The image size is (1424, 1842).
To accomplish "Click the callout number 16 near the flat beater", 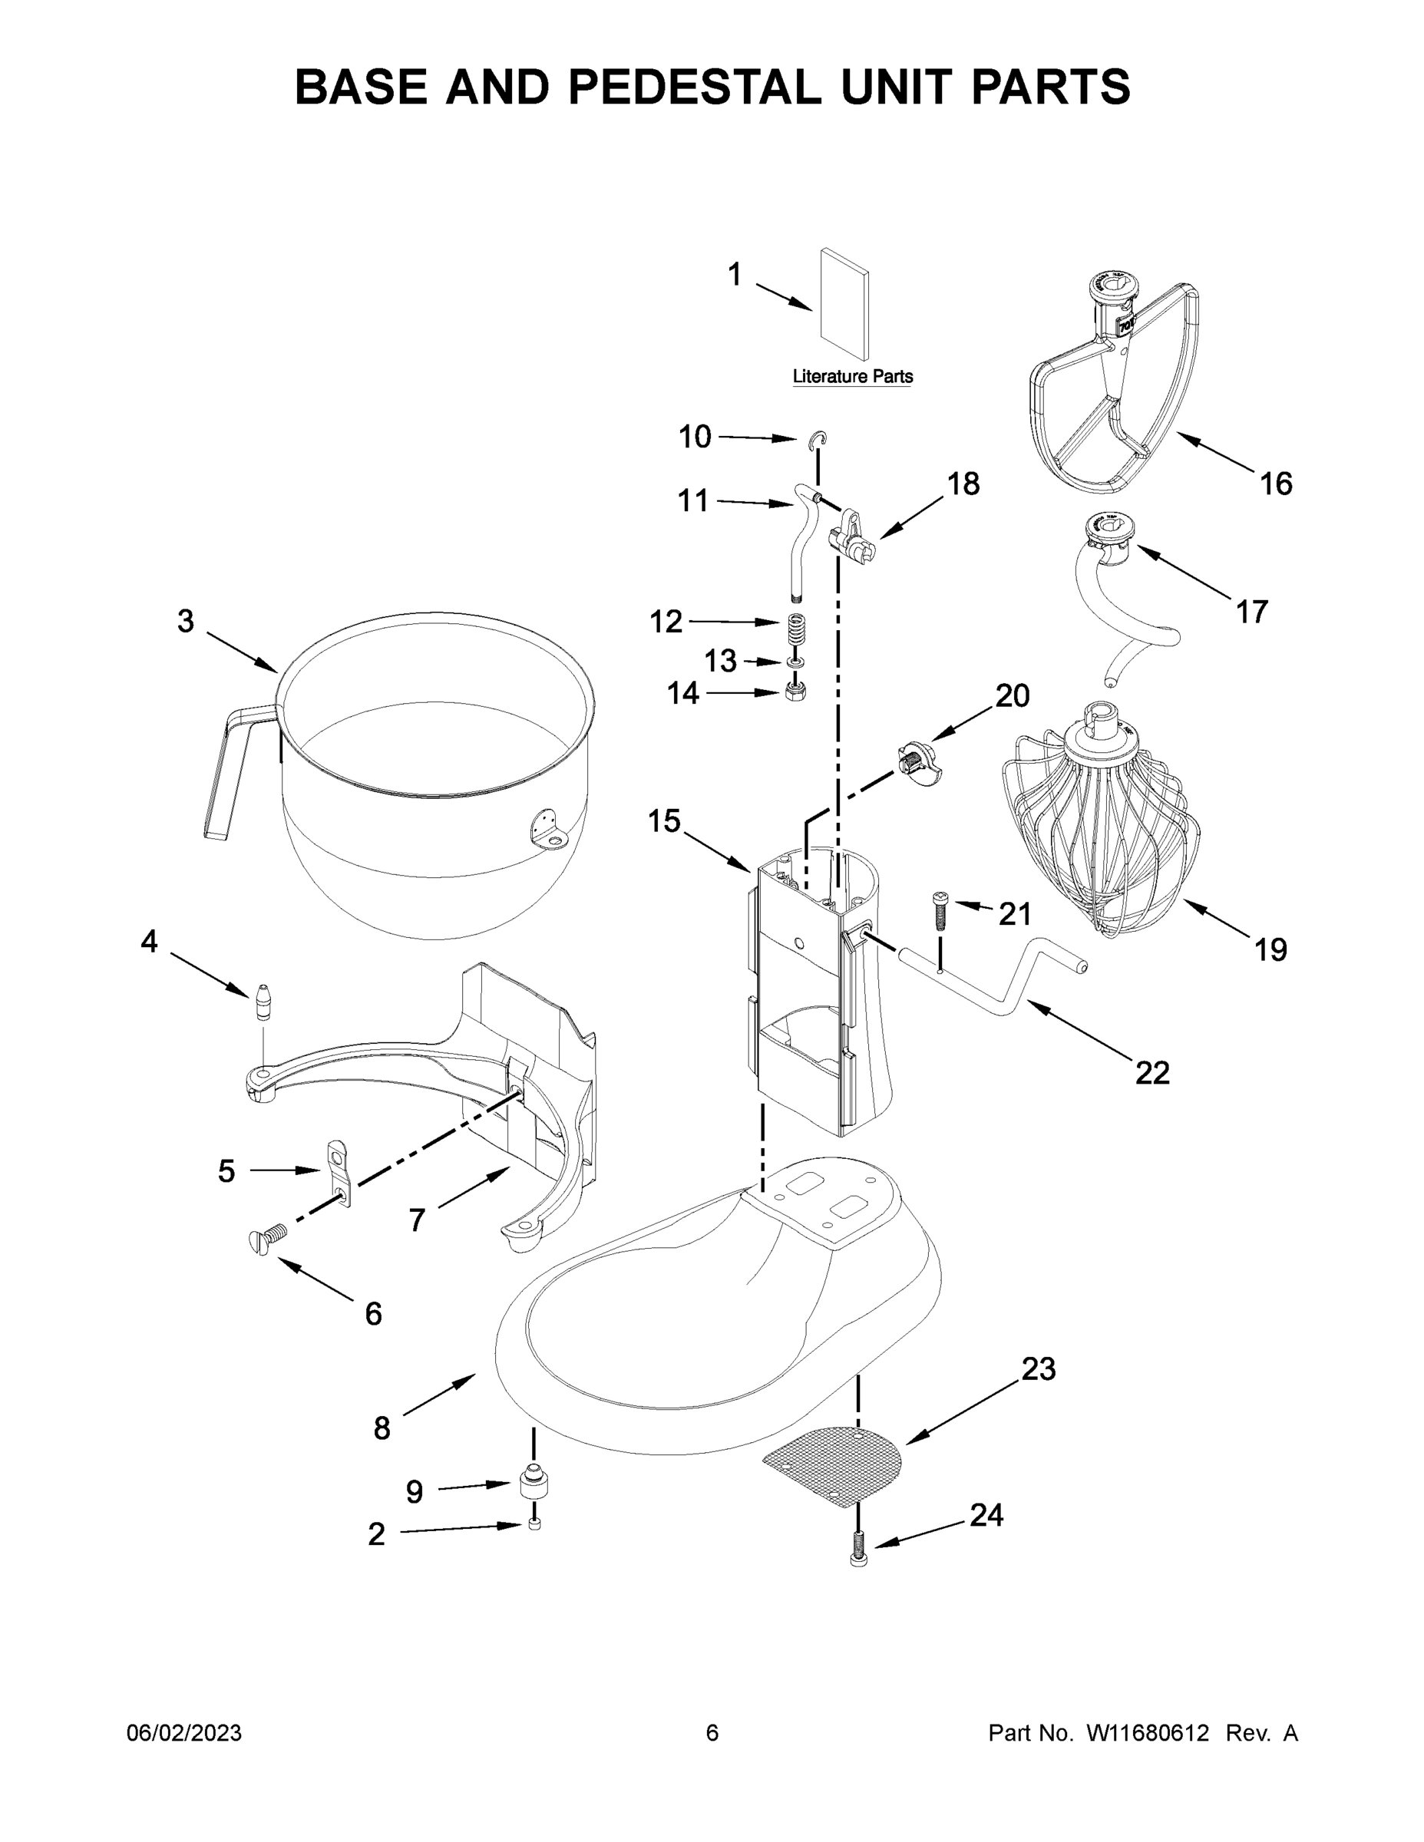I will [1276, 484].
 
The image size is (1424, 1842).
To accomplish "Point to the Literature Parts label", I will [852, 377].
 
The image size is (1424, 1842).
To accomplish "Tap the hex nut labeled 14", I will [795, 692].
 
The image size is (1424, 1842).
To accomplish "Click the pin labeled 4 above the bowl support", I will [265, 1002].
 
